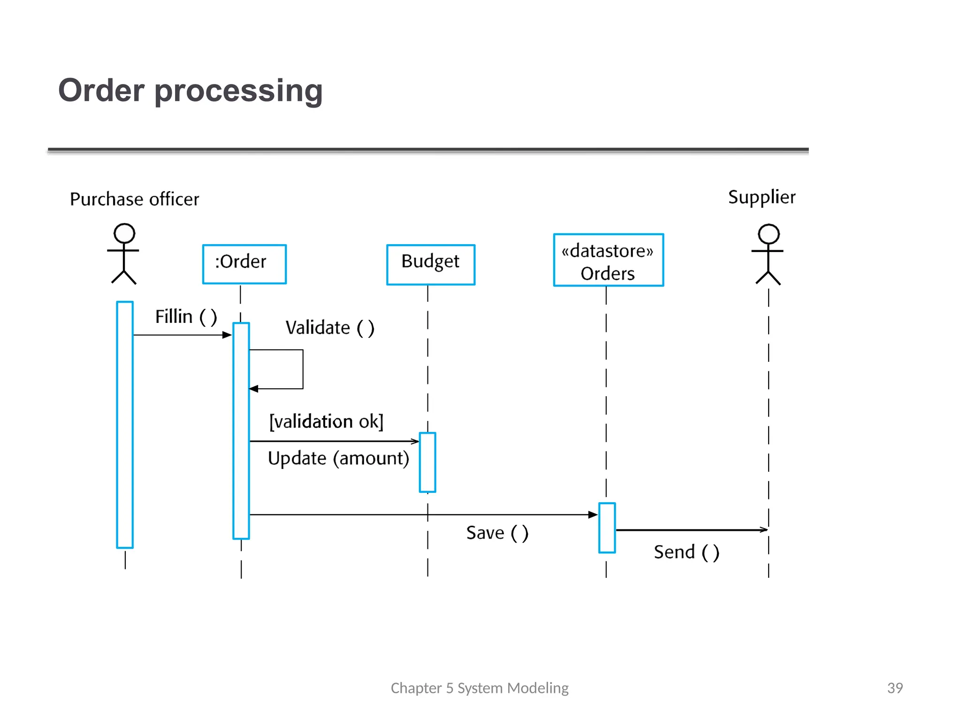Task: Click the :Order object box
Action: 244,264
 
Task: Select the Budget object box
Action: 430,264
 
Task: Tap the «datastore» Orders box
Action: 608,260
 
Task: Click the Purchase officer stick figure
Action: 124,253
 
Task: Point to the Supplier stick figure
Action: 768,254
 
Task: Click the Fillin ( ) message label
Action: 186,317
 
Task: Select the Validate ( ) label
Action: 330,328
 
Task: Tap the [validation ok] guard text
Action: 326,421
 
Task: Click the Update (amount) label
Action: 338,458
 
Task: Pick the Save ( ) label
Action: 497,533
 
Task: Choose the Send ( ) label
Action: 686,552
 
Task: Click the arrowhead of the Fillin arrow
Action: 228,335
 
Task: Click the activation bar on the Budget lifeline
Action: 427,462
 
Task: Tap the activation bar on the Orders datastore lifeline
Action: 607,528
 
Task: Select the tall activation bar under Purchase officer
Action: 125,424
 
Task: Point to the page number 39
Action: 895,688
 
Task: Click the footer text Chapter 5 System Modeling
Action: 479,688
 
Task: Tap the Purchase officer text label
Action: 134,199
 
